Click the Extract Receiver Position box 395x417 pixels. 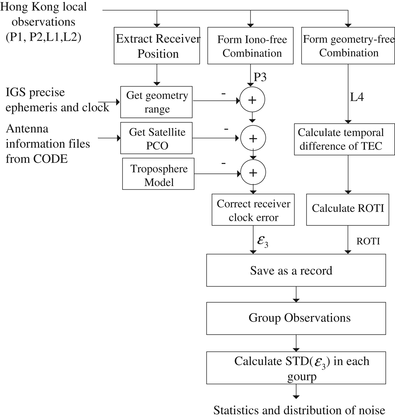pos(157,46)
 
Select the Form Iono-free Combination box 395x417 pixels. pos(251,46)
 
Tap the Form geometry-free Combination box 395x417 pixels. pos(348,46)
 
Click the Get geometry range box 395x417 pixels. pos(156,102)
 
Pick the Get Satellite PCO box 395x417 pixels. pos(156,138)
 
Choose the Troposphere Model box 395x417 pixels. pos(158,174)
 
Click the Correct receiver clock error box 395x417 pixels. pos(253,210)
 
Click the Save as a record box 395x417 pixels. pos(296,270)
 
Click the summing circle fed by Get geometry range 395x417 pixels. pos(252,100)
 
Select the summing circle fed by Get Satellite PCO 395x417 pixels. pos(253,138)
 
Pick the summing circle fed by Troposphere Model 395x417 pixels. pos(253,173)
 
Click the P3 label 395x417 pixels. pos(260,77)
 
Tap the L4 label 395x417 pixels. pos(357,97)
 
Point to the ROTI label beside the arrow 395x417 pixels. pos(368,241)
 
